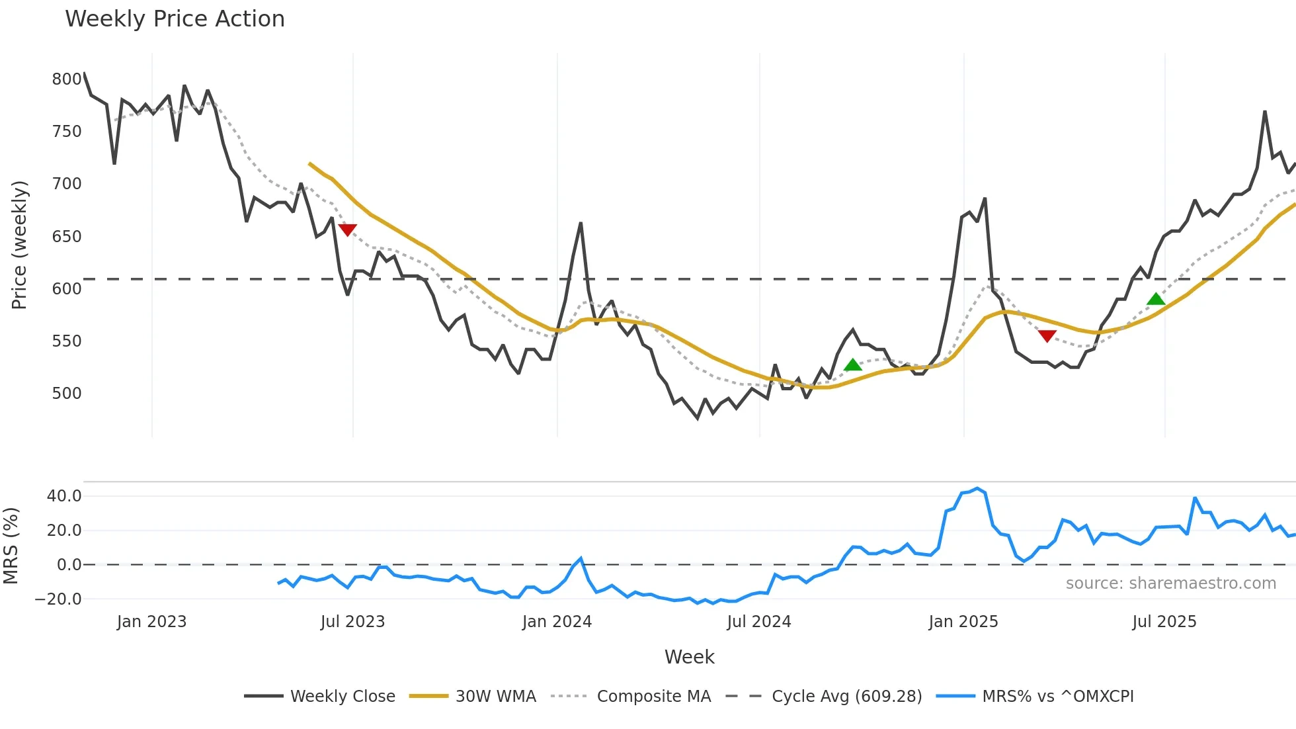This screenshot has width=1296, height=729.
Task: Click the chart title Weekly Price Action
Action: pos(175,19)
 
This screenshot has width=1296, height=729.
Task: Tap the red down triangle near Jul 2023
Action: pos(347,230)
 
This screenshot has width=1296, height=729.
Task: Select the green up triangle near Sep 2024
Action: pos(853,364)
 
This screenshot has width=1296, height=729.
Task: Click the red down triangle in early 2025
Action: pos(1047,336)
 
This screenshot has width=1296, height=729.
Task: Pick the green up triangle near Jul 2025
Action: pos(1156,299)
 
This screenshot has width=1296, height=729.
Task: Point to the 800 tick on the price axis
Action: pos(67,79)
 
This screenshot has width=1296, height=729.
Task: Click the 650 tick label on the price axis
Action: pos(67,237)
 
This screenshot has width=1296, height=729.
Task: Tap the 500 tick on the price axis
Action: pos(67,394)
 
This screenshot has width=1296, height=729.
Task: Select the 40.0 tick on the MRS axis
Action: pos(64,496)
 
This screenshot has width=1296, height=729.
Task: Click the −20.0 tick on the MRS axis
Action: pos(59,599)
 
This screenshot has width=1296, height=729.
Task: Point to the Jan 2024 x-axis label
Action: pos(557,622)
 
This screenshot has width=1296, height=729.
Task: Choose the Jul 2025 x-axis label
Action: pos(1164,622)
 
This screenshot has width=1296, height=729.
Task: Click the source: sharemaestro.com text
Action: pos(1170,583)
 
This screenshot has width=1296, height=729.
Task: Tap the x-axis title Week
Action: pos(689,657)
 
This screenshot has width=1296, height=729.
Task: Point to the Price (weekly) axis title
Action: pos(19,245)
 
